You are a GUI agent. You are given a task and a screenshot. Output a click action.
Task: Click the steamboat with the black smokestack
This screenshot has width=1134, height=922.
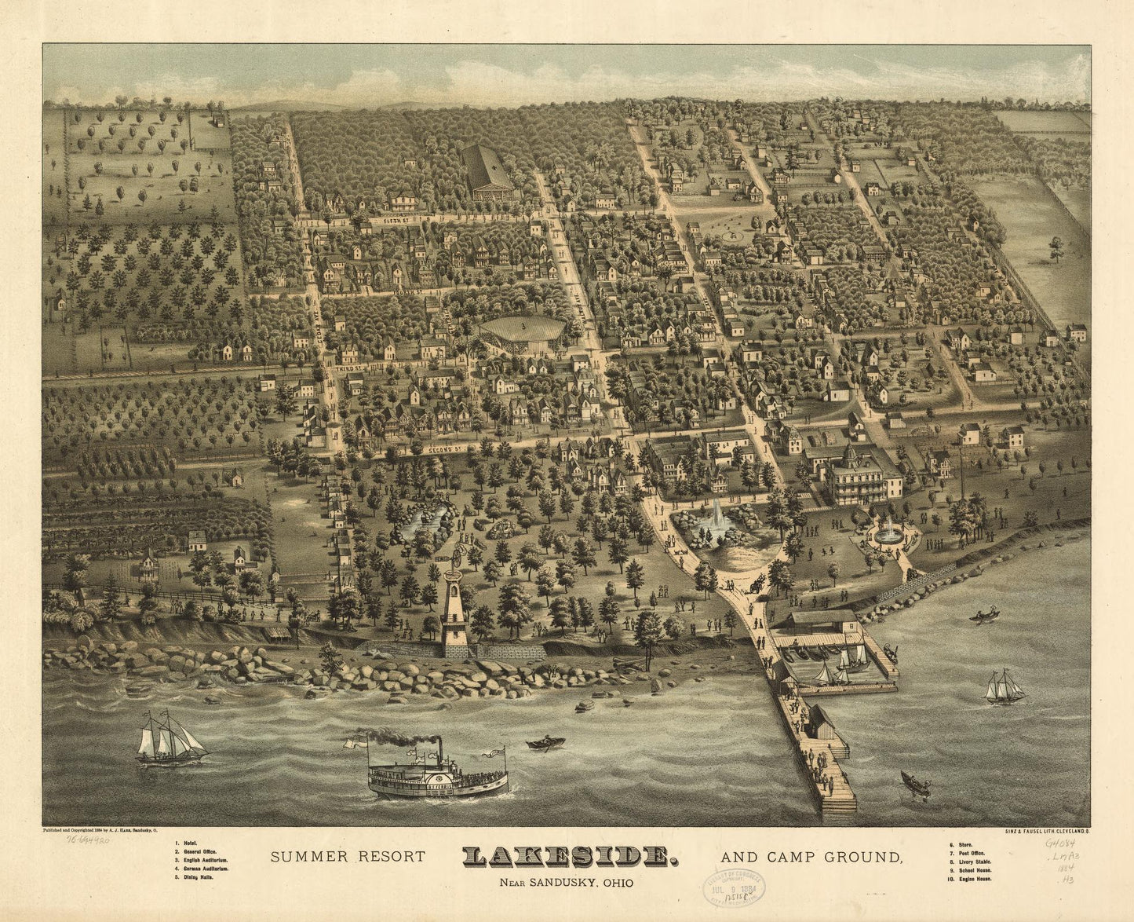point(438,773)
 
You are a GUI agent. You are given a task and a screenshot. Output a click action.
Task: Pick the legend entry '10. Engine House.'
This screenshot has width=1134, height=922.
point(971,879)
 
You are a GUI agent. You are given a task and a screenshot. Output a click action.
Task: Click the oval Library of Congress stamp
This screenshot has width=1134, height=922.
point(732,889)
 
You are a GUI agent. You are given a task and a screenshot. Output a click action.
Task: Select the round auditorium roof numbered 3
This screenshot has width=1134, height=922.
point(522,327)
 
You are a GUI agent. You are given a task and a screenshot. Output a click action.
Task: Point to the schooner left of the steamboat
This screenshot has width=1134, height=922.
point(170,739)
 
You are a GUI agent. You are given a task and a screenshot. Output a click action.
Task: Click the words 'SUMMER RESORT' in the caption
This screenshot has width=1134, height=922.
point(348,857)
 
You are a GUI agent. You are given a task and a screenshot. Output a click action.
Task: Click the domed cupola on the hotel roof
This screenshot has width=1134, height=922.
point(850,454)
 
